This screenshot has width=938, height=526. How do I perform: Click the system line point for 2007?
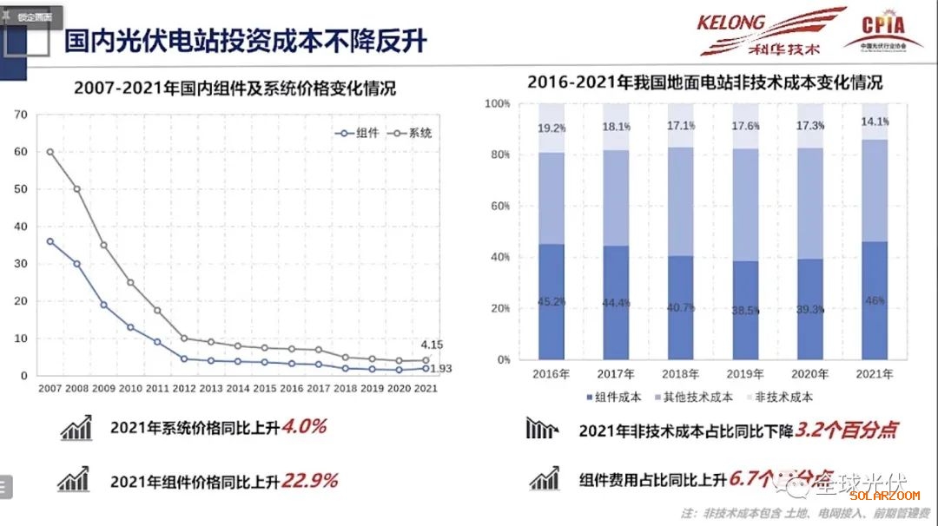click(50, 152)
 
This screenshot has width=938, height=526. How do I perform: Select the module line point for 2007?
click(50, 241)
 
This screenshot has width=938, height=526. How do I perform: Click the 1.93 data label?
click(440, 368)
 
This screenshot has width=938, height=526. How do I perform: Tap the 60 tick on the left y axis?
click(21, 152)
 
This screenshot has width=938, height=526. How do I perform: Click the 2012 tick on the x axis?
click(185, 389)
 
